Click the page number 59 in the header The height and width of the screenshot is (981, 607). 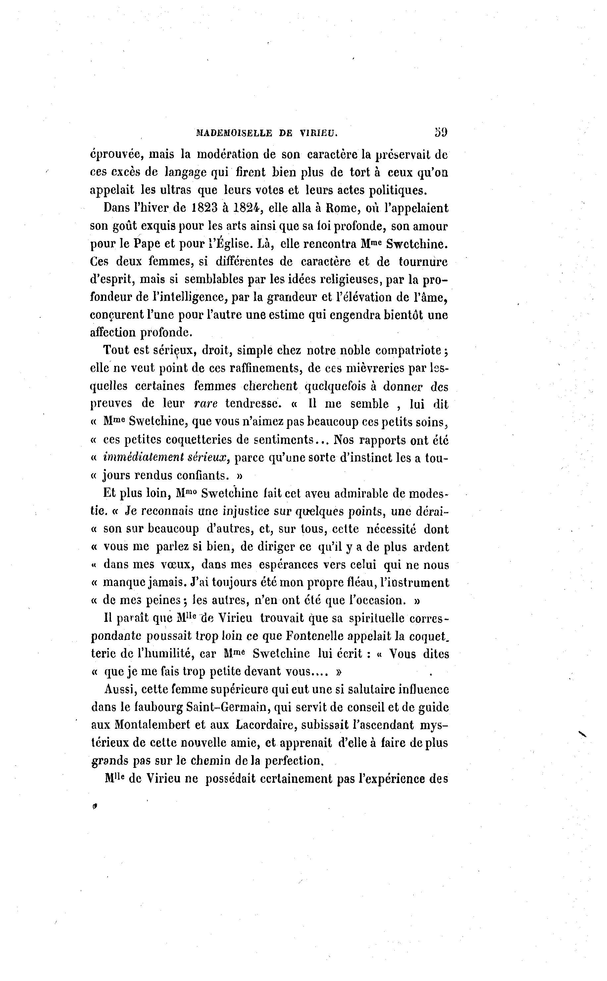(x=440, y=132)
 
